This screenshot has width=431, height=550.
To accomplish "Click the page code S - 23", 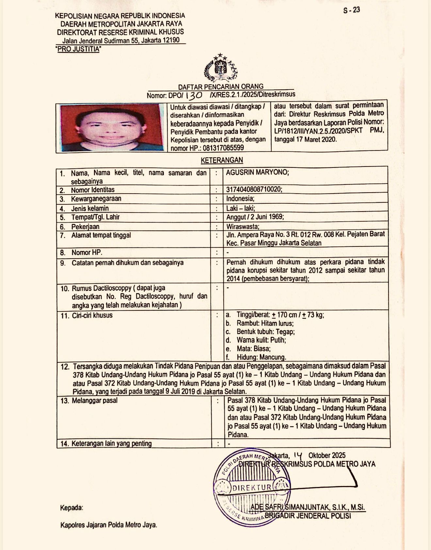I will tap(351, 10).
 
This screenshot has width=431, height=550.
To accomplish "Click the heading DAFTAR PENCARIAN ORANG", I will tap(221, 86).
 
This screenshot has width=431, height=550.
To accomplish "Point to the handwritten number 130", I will tap(194, 95).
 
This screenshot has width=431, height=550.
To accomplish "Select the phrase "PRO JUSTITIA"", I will tap(78, 49).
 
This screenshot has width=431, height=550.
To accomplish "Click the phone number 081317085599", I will tap(223, 148).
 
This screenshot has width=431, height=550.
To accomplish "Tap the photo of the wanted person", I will tap(112, 128).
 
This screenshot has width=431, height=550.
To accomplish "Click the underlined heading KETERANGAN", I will tap(222, 160).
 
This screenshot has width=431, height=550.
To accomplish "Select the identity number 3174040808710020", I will tap(254, 189).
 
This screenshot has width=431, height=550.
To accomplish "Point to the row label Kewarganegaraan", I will tap(96, 199).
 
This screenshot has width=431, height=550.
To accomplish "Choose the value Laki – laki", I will tap(241, 208).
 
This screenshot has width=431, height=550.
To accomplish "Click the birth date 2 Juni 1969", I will tap(267, 217).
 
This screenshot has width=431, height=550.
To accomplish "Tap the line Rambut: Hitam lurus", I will tap(265, 323).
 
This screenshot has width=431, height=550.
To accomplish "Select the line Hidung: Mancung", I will tap(261, 357).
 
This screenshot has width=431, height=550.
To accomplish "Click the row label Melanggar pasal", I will tap(94, 401).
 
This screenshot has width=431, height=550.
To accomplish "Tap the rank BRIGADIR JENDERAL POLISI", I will tap(308, 516).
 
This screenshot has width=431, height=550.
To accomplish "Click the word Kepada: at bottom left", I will tap(72, 508).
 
